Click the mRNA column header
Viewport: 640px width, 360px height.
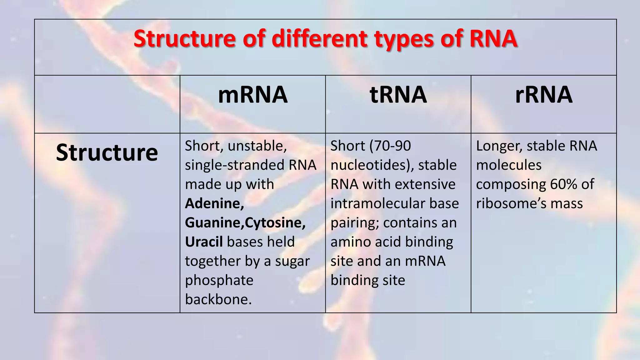(x=252, y=95)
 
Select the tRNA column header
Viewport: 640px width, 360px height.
(x=398, y=95)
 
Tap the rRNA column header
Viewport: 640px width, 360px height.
(x=544, y=95)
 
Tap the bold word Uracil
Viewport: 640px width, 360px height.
(x=204, y=242)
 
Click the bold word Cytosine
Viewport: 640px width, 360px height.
(x=275, y=223)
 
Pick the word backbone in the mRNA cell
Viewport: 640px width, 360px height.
(x=218, y=299)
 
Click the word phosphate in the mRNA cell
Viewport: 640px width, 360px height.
(x=219, y=280)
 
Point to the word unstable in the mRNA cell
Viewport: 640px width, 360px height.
(x=257, y=146)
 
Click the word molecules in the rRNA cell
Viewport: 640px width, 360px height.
(x=508, y=165)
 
